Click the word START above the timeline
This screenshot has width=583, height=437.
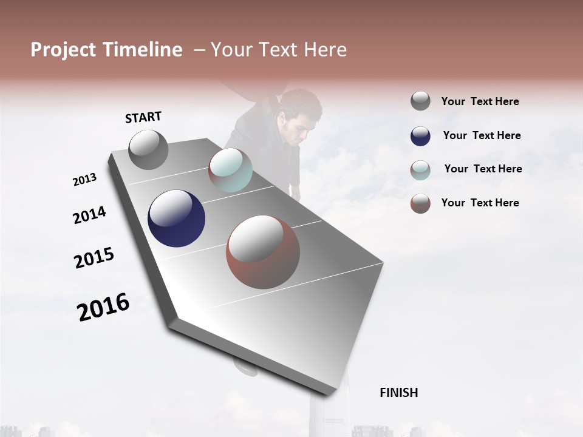point(143,117)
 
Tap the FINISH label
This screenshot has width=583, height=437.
point(398,393)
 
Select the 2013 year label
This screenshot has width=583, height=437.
point(84,180)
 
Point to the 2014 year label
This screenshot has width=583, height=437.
point(89,215)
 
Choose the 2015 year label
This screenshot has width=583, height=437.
point(94,258)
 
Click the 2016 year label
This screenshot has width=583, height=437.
point(103,307)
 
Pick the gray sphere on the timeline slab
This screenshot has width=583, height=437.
point(149,150)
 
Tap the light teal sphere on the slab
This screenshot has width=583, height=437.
point(230,170)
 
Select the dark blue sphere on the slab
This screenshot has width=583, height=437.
point(176,218)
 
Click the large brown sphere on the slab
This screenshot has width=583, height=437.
point(263,252)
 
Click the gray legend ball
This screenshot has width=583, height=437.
point(420,101)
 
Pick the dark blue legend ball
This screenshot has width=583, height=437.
point(420,136)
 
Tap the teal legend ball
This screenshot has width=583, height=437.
point(420,169)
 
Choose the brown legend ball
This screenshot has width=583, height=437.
point(420,203)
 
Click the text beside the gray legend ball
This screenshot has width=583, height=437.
point(480,101)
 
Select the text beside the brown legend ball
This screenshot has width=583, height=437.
point(480,203)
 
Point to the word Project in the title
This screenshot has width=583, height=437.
point(63,50)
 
